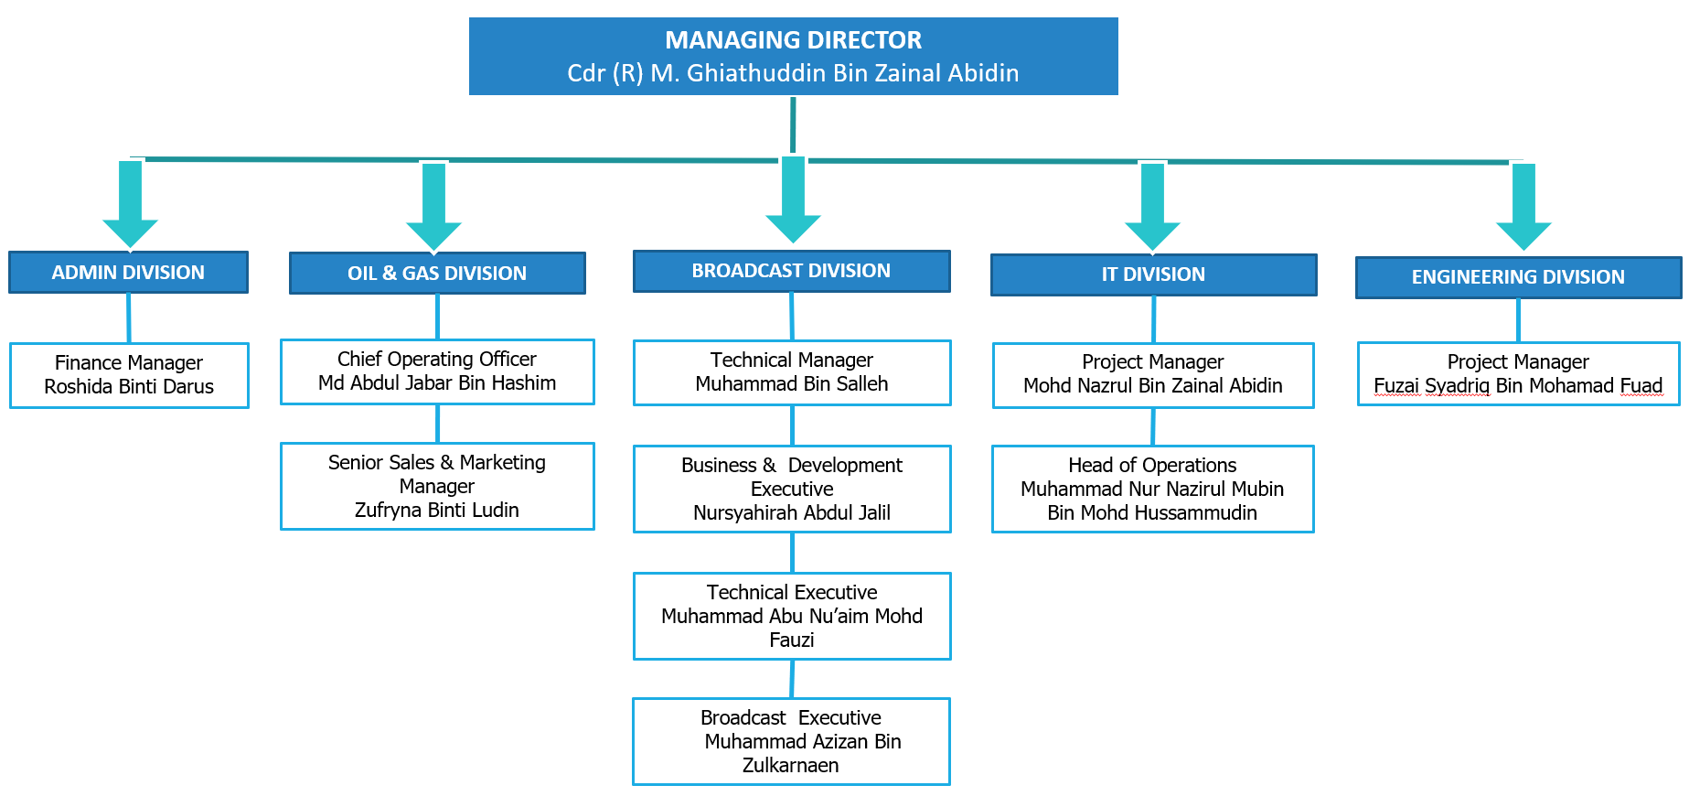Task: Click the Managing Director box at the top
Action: [x=793, y=56]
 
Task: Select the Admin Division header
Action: [x=128, y=273]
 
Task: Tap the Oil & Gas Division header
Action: [x=437, y=274]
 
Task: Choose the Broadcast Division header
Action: [x=791, y=271]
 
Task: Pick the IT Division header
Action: [x=1153, y=274]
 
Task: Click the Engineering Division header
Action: [x=1518, y=277]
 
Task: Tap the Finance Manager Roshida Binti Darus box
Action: [x=129, y=375]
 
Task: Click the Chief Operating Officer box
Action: [x=437, y=371]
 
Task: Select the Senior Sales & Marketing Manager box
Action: [x=437, y=486]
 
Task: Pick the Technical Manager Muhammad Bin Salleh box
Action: [x=792, y=372]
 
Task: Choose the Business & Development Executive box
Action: [x=792, y=489]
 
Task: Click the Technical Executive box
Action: [x=792, y=616]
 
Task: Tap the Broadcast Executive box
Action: [x=791, y=741]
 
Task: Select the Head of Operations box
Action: [x=1152, y=489]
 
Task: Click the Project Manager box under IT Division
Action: [x=1152, y=375]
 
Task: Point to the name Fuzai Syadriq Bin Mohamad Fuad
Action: [x=1518, y=386]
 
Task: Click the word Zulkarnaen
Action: [x=790, y=766]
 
